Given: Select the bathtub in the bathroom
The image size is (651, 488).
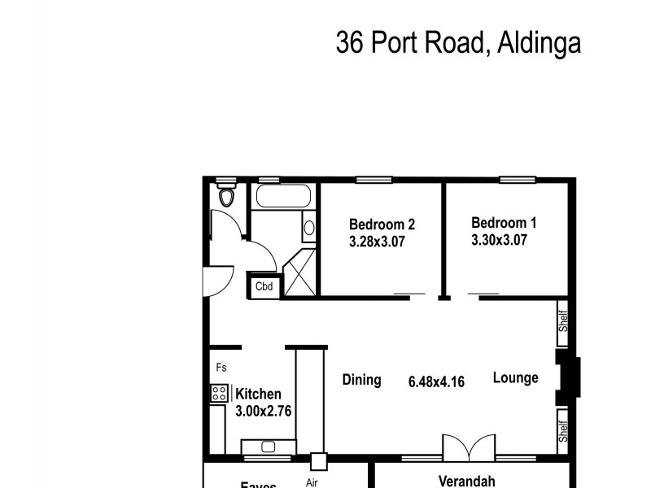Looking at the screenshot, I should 282,197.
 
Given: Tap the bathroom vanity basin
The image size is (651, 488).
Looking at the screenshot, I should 309,228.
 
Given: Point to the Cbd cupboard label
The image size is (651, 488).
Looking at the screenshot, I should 264,286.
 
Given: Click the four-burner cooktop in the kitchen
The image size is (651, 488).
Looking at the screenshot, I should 219,394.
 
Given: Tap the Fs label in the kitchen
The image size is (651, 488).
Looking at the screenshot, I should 221,368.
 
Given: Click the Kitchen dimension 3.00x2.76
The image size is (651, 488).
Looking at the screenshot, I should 263,411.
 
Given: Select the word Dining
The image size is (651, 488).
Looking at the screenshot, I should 361,380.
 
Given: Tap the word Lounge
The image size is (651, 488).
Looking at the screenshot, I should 515,378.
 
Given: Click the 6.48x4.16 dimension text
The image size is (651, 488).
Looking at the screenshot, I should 436,381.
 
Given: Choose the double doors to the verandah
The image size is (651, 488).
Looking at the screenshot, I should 468,447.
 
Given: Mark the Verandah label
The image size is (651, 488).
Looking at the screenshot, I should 466,480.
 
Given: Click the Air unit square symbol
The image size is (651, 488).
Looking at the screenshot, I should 318,461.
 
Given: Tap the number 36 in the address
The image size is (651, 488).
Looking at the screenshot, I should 350,41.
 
